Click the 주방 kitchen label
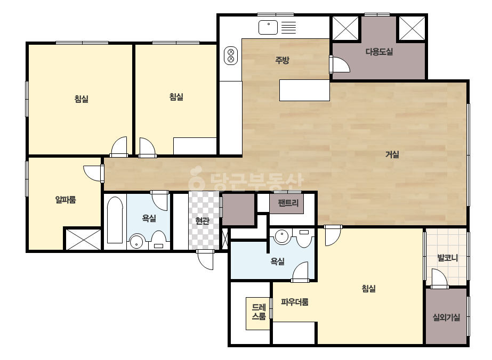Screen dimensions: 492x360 pos(282,60)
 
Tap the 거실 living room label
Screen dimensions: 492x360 pos(392,154)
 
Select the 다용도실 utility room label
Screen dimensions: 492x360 pos(379,52)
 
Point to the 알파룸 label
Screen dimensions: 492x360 pos(66,200)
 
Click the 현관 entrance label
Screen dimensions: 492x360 pos(202,221)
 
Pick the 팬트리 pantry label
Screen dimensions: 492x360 pos(288,203)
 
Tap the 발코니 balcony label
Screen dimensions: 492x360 pos(447,258)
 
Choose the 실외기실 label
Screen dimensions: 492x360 pos(446,318)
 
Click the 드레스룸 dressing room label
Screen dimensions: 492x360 pos(259,312)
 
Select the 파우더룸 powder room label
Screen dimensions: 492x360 pos(295,302)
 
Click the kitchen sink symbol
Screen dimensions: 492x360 pos(268,27)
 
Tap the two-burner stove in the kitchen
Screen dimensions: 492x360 pos(231,55)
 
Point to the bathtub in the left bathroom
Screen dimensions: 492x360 pos(115,220)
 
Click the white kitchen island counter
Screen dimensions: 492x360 pos(304,90)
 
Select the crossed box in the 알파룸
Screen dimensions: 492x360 pos(83,239)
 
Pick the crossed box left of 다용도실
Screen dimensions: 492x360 pos(345,29)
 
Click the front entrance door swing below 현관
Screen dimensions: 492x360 pos(206,260)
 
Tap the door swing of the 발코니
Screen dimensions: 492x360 pos(439,278)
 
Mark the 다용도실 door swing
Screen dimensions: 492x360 pos(340,64)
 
